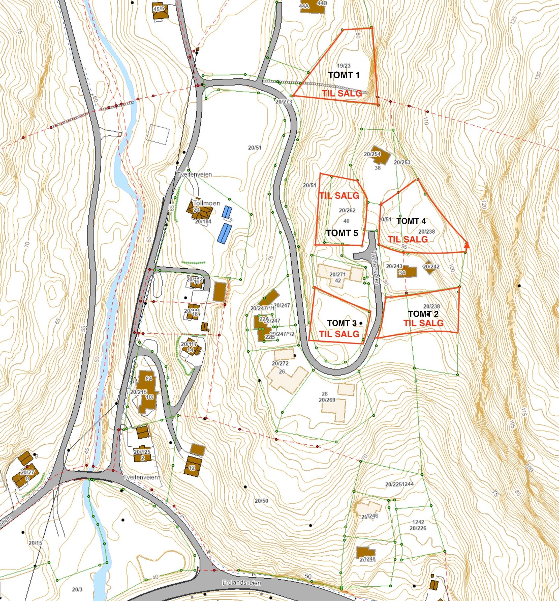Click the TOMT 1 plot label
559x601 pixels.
pos(344,75)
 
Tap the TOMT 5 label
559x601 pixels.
pos(342,233)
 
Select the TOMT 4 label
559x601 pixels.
pos(411,221)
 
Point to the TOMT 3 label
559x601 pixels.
pos(342,323)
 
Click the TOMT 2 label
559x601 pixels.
pos(423,314)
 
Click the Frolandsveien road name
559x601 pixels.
pos(241,583)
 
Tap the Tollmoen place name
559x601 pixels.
pos(206,203)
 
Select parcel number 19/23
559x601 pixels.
pos(343,65)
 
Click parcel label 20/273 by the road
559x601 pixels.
pos(283,102)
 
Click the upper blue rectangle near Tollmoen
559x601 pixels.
pos(227,212)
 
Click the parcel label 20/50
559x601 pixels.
pos(261,501)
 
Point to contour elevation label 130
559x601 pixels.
pos(538,75)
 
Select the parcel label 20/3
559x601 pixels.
pos(77,589)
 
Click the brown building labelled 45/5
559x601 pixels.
pos(160,11)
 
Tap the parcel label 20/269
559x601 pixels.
pos(327,400)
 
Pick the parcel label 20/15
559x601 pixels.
pos(35,543)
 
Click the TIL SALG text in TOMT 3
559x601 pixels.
pos(339,334)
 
